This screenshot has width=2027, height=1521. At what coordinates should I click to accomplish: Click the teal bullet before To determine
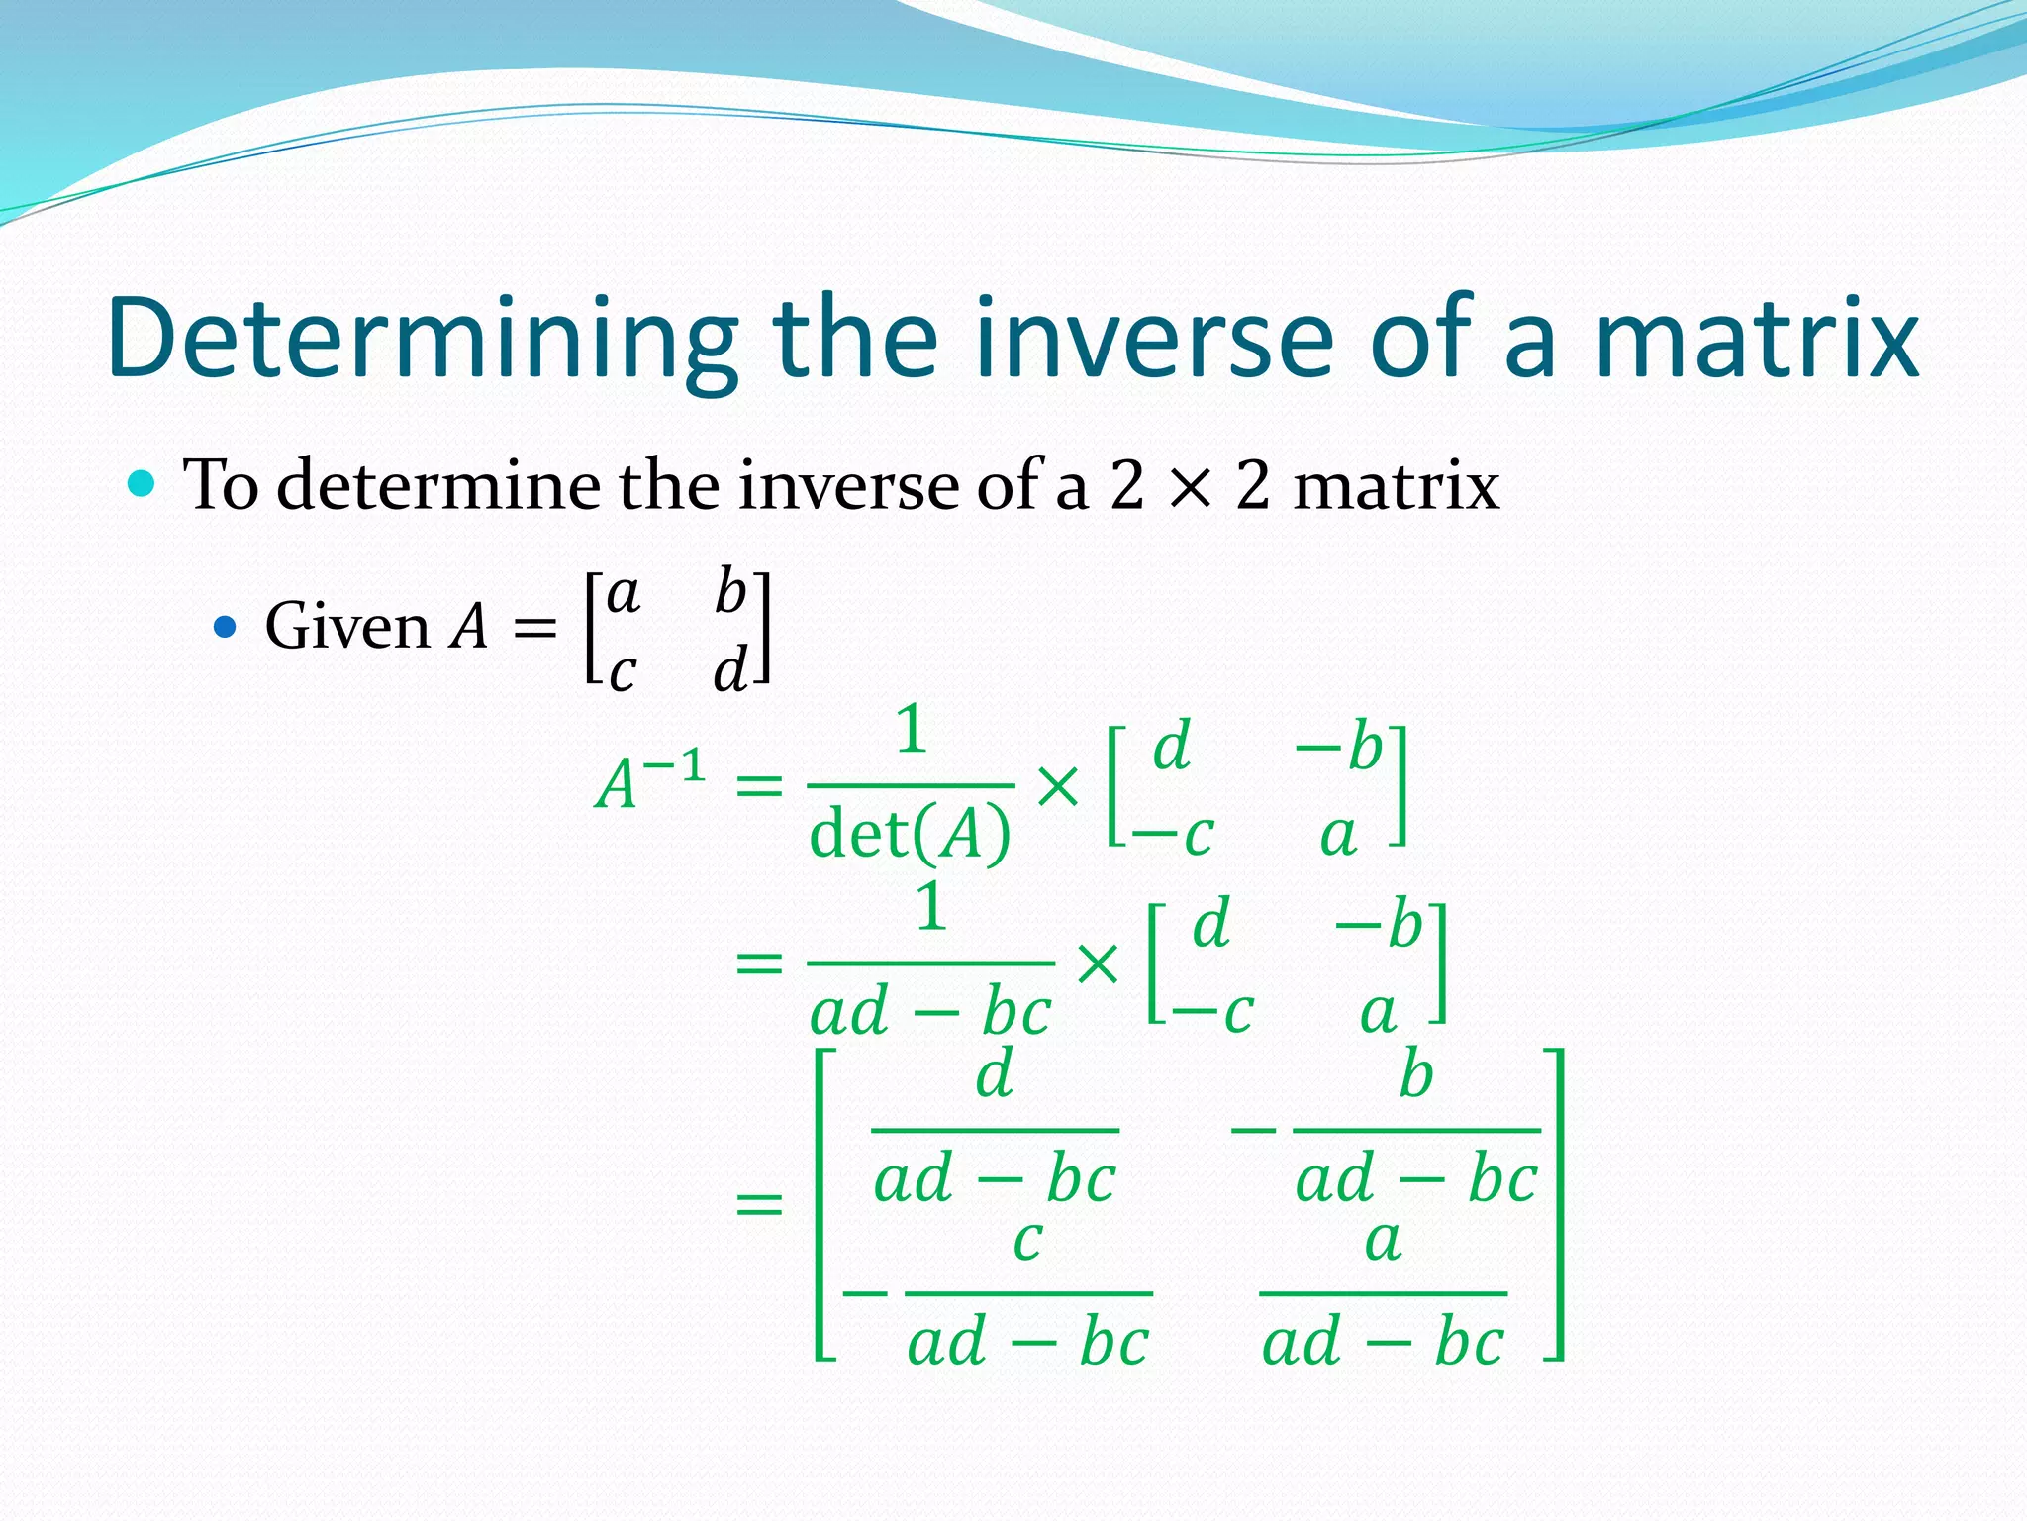pos(143,484)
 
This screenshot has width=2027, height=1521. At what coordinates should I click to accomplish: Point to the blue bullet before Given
pos(226,627)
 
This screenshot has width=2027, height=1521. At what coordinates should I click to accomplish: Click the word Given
pos(346,627)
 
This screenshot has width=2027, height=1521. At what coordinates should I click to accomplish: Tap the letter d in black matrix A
pos(729,670)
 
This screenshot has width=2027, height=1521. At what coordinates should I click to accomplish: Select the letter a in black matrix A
pos(624,594)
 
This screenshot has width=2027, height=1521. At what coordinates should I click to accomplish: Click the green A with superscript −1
pos(648,782)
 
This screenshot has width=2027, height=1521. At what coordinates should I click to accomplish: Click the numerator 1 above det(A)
pos(911,730)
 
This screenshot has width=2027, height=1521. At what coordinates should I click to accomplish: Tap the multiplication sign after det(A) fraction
pos(1058,787)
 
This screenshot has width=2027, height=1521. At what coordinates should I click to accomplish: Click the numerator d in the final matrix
pos(995,1075)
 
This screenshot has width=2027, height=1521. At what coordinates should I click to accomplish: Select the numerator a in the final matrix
pos(1383,1240)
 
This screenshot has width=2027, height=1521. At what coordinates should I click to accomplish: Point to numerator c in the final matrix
pos(1028,1240)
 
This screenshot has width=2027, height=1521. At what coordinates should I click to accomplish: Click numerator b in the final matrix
pos(1416,1075)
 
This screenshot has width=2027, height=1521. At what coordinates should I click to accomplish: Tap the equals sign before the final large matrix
pos(759,1205)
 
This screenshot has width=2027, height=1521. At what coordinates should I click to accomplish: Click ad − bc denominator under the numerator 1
pos(930,1013)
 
